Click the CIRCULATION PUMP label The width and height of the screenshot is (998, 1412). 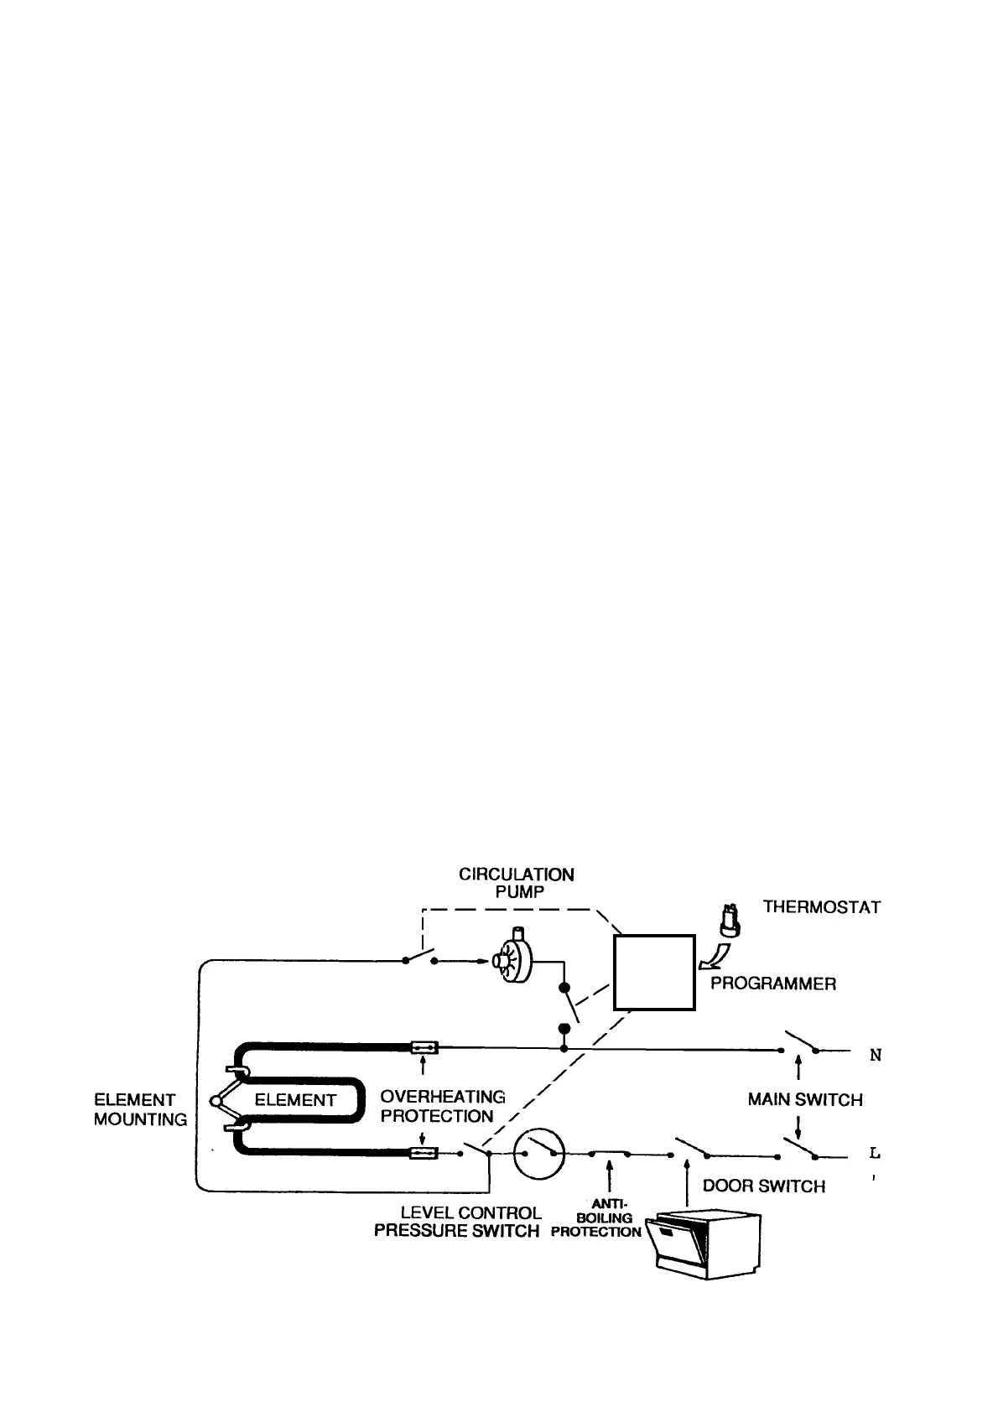click(516, 883)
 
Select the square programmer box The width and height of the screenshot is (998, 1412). click(654, 973)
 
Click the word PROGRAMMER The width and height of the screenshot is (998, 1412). click(772, 984)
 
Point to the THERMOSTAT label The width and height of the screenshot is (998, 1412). click(821, 907)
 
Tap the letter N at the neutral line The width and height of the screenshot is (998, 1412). click(875, 1056)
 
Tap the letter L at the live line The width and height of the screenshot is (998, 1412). click(875, 1153)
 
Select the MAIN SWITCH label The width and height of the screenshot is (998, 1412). click(804, 1099)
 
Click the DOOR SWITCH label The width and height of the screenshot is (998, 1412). click(763, 1186)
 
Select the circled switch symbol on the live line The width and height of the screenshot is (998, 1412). click(538, 1153)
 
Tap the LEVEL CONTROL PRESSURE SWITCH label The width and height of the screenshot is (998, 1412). click(458, 1222)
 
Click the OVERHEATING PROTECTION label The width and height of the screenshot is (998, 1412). click(442, 1106)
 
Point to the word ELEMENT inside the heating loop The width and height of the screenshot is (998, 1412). click(295, 1100)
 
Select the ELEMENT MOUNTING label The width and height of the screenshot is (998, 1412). click(140, 1109)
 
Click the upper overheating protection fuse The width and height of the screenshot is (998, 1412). click(423, 1047)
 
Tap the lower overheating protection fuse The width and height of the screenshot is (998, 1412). click(423, 1154)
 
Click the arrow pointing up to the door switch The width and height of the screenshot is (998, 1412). click(686, 1182)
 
